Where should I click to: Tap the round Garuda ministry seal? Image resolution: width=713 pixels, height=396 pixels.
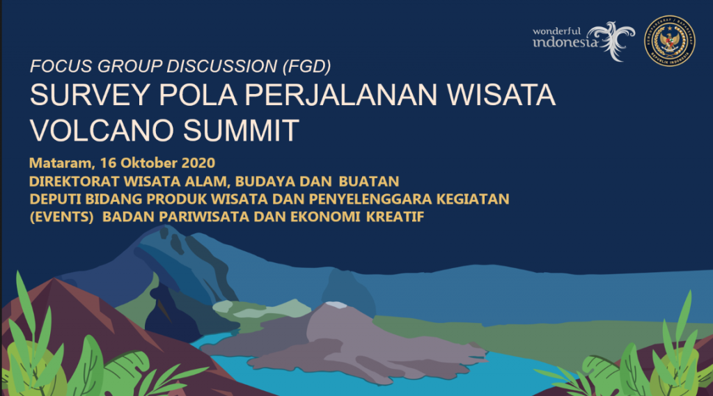[669, 41]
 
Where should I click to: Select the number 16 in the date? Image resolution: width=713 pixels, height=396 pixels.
[107, 164]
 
